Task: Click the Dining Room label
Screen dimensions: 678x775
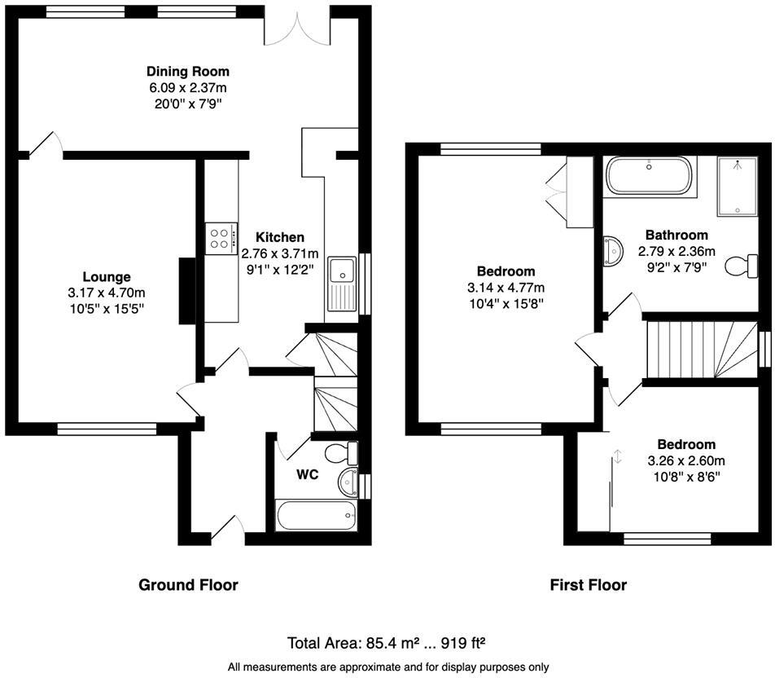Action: tap(187, 71)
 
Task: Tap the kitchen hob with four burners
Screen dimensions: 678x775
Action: tap(220, 238)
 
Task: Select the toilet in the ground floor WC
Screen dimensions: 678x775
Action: tap(339, 452)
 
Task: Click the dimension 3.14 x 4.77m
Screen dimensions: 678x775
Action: tap(506, 288)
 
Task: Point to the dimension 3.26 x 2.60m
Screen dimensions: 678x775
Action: tap(686, 460)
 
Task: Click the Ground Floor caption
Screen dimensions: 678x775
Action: tap(188, 584)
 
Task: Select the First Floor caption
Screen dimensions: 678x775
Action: tap(588, 584)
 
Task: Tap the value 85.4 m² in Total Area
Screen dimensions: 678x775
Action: tap(391, 642)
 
